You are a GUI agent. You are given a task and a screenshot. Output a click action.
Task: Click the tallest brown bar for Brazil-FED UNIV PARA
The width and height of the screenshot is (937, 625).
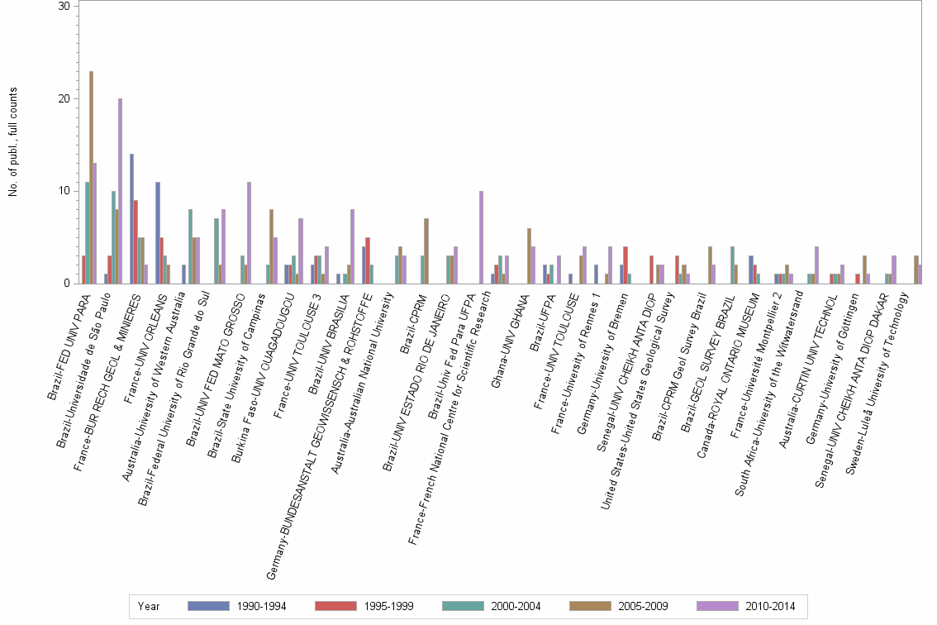pyautogui.click(x=91, y=177)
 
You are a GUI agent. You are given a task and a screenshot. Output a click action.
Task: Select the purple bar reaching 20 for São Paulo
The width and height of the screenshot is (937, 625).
pyautogui.click(x=120, y=191)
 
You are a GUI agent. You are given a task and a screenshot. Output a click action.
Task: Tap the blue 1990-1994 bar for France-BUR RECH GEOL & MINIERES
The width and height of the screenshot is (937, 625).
pyautogui.click(x=131, y=218)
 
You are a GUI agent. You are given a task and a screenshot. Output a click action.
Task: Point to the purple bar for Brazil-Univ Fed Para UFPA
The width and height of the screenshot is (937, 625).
pyautogui.click(x=481, y=237)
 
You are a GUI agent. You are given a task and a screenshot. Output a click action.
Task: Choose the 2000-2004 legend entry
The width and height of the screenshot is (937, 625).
pyautogui.click(x=514, y=606)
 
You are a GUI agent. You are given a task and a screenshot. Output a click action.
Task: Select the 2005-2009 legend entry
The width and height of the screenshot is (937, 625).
pyautogui.click(x=641, y=606)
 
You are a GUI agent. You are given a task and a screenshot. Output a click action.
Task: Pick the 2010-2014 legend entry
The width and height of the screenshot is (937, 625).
pyautogui.click(x=768, y=606)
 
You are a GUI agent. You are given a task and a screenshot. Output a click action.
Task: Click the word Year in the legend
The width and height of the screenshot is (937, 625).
pyautogui.click(x=149, y=606)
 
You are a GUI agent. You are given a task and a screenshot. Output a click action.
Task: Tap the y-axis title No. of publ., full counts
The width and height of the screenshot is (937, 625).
pyautogui.click(x=13, y=141)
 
